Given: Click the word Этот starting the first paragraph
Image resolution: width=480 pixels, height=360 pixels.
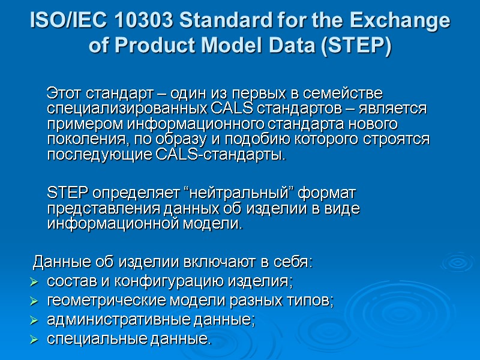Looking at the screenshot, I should coord(65,94).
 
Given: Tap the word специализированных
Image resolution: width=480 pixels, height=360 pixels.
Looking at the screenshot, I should coord(128,109).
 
